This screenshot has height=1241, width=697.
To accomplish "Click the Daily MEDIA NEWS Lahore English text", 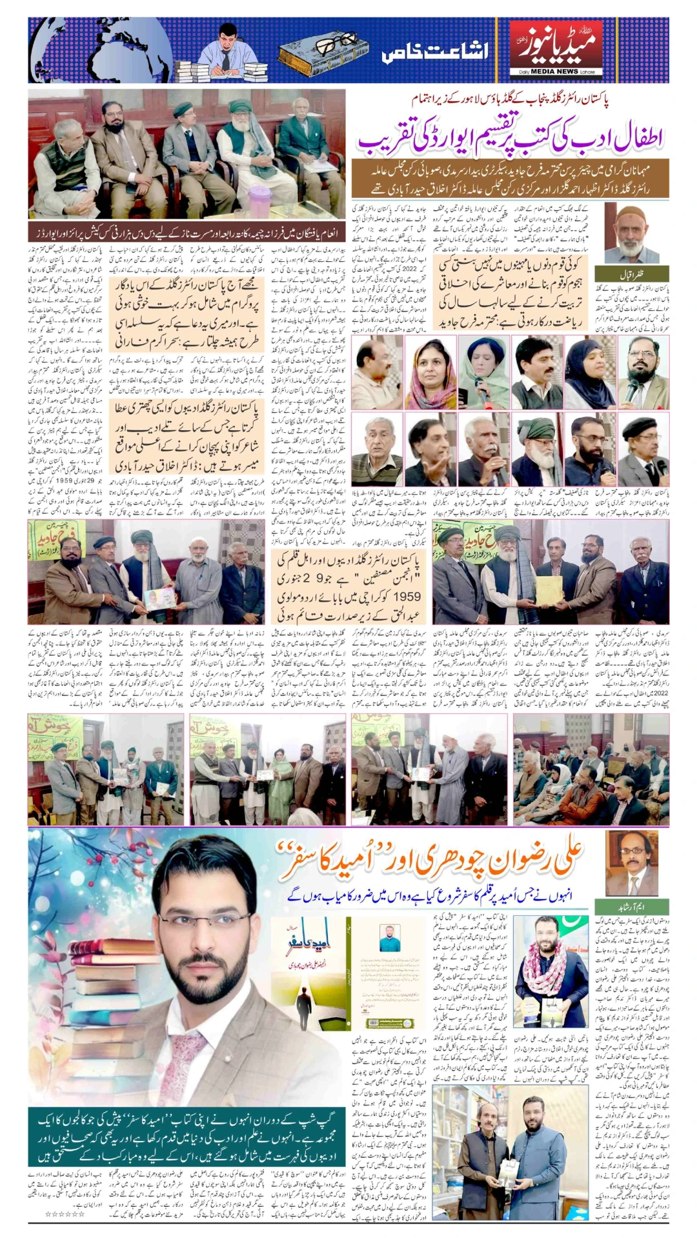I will [556, 72].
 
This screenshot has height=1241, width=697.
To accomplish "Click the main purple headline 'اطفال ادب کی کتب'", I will [510, 137].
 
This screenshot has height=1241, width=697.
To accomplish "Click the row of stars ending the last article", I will [64, 1214].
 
